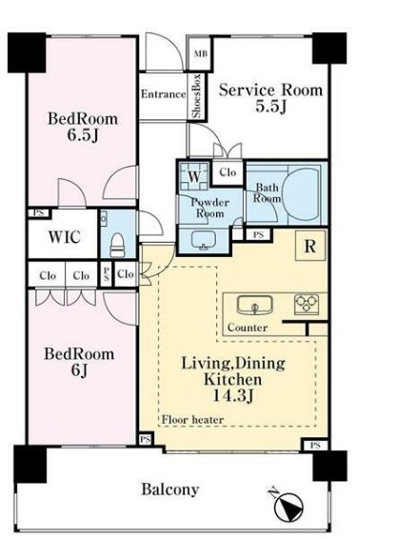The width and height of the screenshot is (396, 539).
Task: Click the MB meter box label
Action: pyautogui.click(x=200, y=53)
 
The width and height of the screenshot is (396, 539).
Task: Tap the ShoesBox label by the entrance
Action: pyautogui.click(x=196, y=96)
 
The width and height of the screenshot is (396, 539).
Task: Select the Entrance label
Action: pyautogui.click(x=164, y=94)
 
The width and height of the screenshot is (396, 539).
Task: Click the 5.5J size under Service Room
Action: pyautogui.click(x=271, y=107)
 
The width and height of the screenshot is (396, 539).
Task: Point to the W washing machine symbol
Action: pyautogui.click(x=194, y=177)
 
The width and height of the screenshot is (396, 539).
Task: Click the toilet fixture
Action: pyautogui.click(x=117, y=245)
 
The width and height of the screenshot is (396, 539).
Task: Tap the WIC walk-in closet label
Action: pyautogui.click(x=65, y=237)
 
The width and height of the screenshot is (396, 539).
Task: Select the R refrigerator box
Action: pyautogui.click(x=310, y=246)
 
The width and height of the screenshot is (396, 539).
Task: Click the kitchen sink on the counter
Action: pyautogui.click(x=255, y=305)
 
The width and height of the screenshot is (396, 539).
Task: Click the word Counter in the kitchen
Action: pyautogui.click(x=247, y=328)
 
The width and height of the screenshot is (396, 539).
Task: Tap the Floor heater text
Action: pyautogui.click(x=192, y=419)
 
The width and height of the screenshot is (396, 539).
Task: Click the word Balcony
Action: pyautogui.click(x=170, y=489)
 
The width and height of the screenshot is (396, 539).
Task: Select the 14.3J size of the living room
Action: pyautogui.click(x=233, y=396)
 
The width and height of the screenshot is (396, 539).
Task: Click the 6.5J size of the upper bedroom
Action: pyautogui.click(x=83, y=135)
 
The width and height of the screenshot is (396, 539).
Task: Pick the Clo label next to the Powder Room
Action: pyautogui.click(x=228, y=171)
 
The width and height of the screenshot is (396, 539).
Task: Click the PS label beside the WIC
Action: pyautogui.click(x=39, y=213)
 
